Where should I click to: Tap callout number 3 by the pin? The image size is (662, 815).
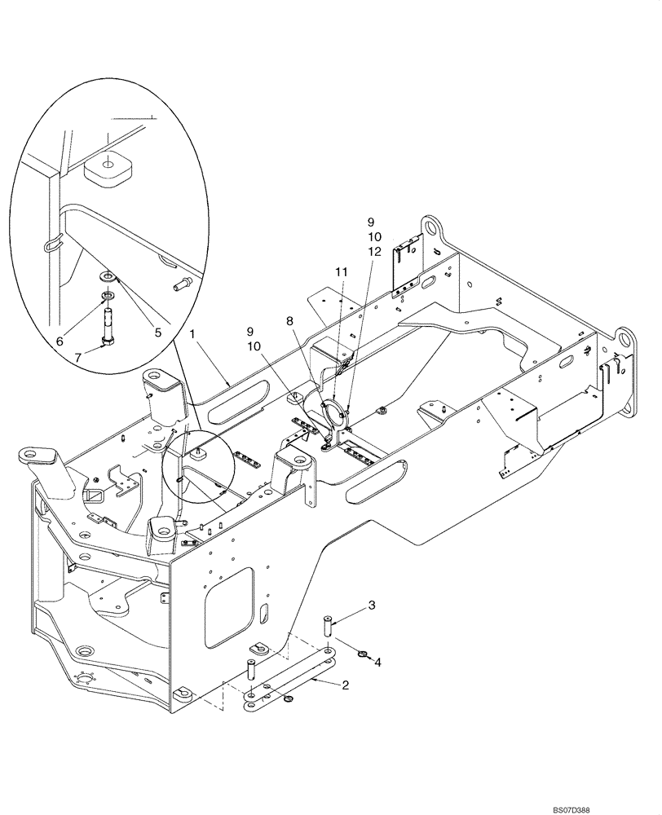point(371,605)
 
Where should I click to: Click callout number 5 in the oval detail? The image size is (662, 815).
point(158,332)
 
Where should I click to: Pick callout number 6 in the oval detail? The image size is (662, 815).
point(60,342)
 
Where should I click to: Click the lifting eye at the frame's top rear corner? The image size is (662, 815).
point(431,227)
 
